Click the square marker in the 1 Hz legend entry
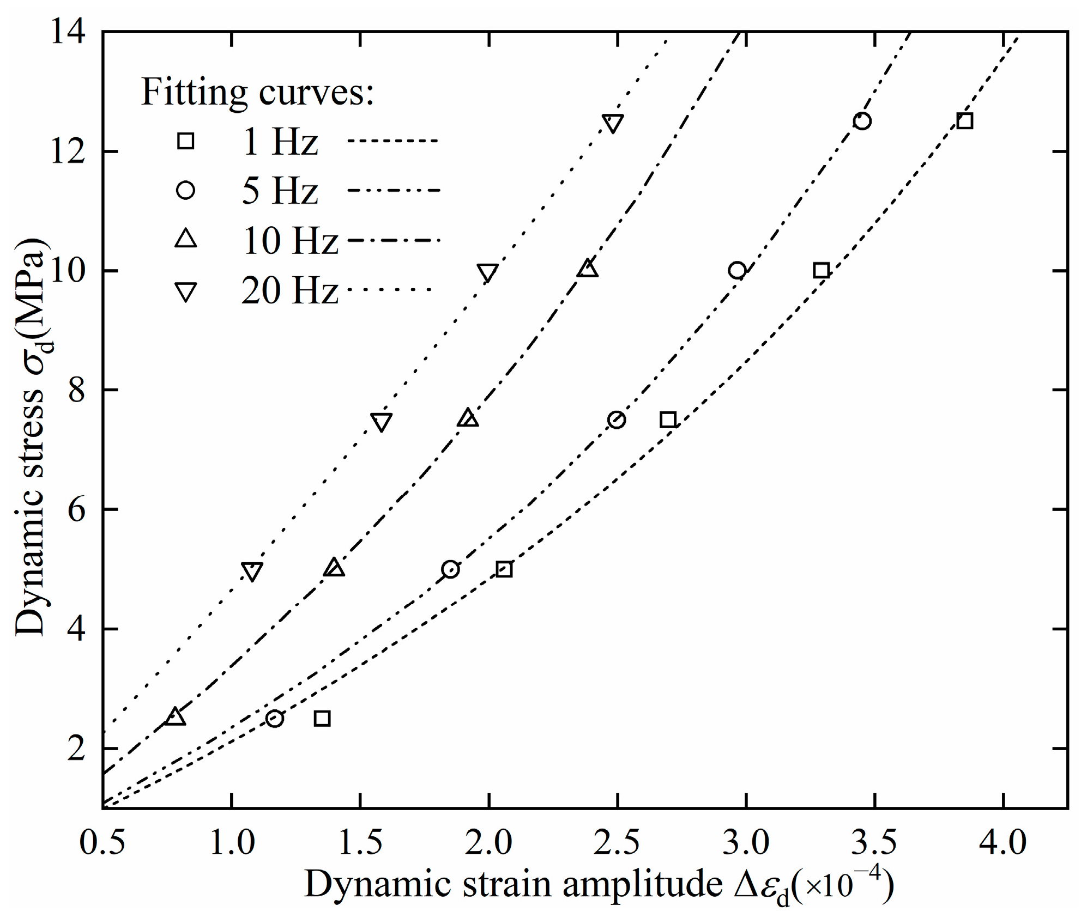185,141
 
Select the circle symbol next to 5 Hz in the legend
185,190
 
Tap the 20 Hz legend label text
289,290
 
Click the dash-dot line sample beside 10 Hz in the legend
394,240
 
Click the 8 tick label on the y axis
76,390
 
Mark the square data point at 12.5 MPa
964,121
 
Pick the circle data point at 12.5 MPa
862,121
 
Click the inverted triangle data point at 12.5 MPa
613,123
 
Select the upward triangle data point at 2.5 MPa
175,717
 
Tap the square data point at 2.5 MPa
322,719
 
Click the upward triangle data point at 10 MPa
588,269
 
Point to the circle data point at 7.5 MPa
616,420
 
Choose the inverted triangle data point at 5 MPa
252,572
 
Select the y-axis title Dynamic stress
31,512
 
